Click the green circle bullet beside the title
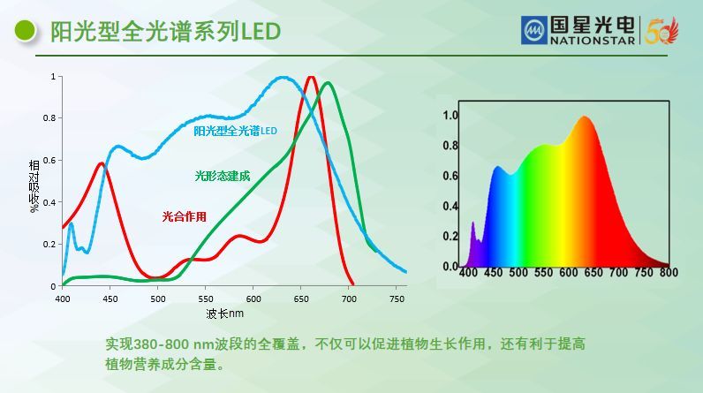click(x=26, y=31)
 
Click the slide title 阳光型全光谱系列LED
click(x=165, y=32)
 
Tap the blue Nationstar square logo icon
click(x=533, y=30)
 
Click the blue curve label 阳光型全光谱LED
click(x=235, y=132)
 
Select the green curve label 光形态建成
click(x=222, y=176)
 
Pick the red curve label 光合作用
click(x=184, y=215)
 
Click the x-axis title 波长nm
click(x=224, y=313)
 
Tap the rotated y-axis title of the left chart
click(x=34, y=186)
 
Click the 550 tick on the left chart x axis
click(x=206, y=299)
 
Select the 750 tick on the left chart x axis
click(x=397, y=299)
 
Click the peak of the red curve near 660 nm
click(x=311, y=78)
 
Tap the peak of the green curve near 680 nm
click(x=329, y=84)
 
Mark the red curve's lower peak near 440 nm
click(x=102, y=163)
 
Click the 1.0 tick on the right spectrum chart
click(x=450, y=116)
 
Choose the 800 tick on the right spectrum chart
click(x=669, y=273)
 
